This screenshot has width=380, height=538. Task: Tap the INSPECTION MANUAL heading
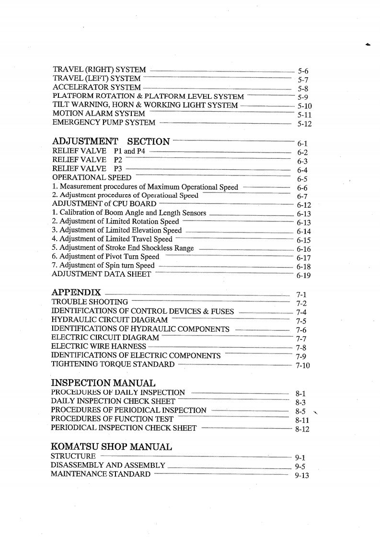point(103,383)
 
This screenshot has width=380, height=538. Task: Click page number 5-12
point(304,124)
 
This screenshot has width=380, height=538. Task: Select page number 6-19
point(304,276)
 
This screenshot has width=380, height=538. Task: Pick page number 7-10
point(303,366)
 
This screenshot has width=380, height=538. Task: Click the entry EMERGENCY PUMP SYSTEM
point(104,122)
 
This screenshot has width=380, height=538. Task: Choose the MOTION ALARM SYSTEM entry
point(99,113)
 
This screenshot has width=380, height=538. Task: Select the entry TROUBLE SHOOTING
point(90,302)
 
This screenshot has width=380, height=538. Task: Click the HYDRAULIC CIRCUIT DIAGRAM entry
point(110,319)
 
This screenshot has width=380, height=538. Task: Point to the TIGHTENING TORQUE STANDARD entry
point(113,364)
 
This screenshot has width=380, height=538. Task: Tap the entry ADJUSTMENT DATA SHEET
point(101,274)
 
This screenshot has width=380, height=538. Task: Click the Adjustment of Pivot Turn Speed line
point(105,257)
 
